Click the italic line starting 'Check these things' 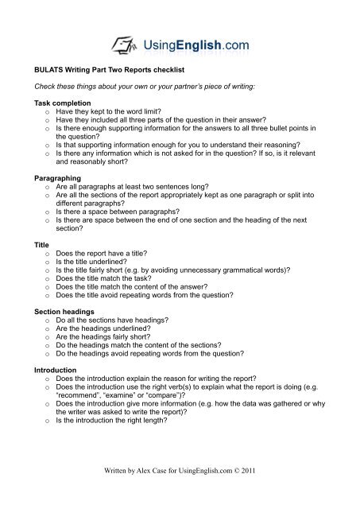(149, 87)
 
